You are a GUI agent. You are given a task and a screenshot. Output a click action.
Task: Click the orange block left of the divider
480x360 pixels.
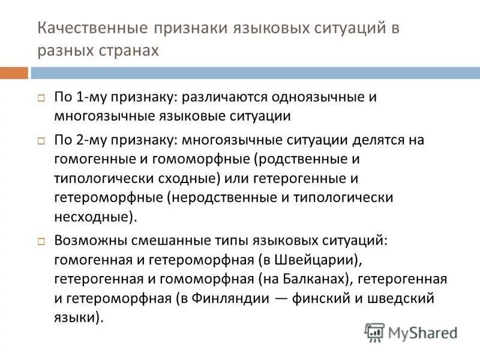(x=14, y=73)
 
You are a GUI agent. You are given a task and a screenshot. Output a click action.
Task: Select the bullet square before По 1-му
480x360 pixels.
(x=41, y=98)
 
